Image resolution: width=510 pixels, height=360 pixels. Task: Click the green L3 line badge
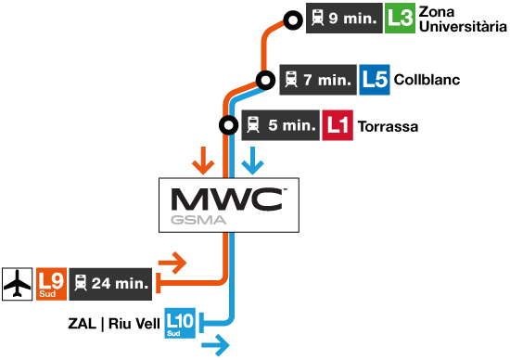[x=400, y=19]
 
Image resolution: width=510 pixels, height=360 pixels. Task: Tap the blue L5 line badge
[x=375, y=80]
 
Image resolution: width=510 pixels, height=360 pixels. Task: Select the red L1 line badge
[x=338, y=125]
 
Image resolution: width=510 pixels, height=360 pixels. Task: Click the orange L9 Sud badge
[x=51, y=283]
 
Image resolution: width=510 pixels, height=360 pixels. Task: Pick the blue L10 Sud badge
[x=179, y=322]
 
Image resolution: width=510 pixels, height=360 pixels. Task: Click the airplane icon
[x=18, y=283]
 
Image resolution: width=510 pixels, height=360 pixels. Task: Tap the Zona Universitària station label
[x=458, y=19]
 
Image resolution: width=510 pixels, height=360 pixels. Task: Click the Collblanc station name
[x=427, y=81]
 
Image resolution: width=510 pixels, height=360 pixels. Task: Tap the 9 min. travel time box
[x=344, y=19]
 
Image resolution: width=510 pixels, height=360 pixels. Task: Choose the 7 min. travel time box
[x=318, y=80]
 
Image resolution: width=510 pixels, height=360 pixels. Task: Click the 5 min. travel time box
[x=280, y=125]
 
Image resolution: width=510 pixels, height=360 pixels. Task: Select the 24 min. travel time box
[x=109, y=283]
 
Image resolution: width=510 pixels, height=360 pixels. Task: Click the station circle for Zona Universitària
[x=293, y=19]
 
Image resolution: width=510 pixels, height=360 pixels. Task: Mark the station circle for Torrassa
[x=227, y=125]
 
